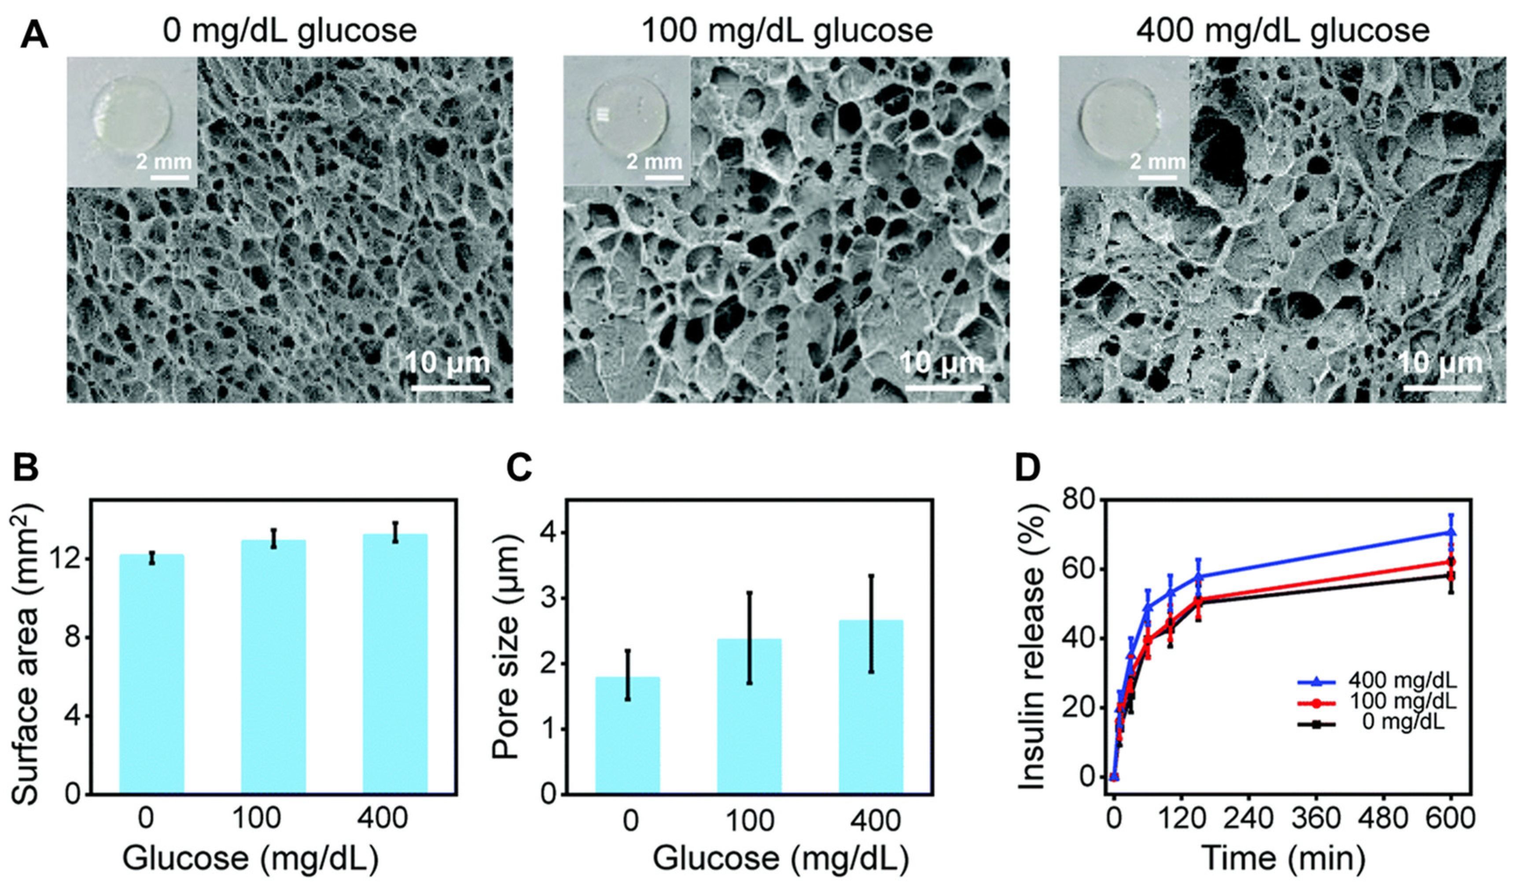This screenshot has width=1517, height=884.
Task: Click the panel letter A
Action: tap(34, 35)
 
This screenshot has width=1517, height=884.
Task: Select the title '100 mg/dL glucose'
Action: tap(787, 30)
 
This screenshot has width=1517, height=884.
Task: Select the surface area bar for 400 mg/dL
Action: tap(395, 662)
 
